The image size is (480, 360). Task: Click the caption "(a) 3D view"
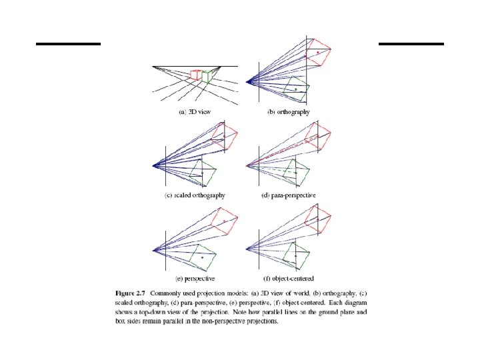(x=195, y=112)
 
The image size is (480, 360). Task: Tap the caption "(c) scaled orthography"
(x=195, y=195)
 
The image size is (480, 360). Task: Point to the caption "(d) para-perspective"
(x=289, y=195)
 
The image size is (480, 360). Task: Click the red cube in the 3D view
(x=195, y=75)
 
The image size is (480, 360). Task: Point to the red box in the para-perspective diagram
(x=319, y=137)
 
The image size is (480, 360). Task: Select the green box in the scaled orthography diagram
(x=203, y=173)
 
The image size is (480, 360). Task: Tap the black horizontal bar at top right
(x=411, y=44)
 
